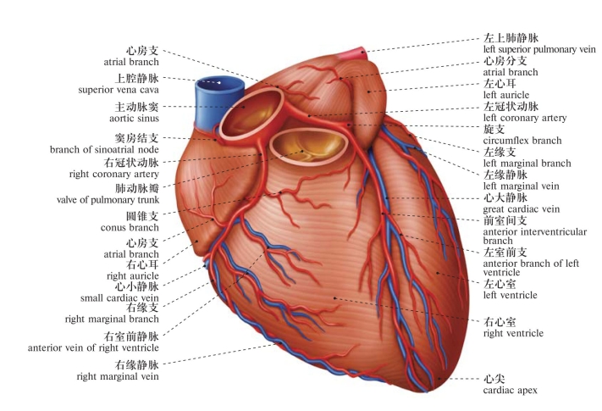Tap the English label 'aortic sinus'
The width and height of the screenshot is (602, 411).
point(134,118)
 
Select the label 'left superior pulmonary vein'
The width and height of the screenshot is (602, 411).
point(539,49)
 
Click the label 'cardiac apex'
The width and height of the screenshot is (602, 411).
point(511,391)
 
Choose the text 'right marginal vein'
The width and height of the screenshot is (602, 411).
point(118,376)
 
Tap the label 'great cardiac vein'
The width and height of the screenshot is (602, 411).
point(522,209)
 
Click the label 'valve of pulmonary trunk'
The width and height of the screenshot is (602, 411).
point(108,200)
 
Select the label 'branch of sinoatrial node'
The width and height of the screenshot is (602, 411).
point(104,149)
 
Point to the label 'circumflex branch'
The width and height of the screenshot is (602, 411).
point(522,141)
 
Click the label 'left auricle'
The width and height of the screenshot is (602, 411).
point(506,95)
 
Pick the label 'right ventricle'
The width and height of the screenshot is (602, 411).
point(513,333)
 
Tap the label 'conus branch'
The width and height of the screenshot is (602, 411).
point(130,227)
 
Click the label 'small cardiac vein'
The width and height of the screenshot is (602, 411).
point(119,297)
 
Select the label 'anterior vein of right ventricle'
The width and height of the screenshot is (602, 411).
point(93,347)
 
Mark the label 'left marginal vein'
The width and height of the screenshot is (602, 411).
point(521,186)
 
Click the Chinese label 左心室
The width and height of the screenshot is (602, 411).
point(500,284)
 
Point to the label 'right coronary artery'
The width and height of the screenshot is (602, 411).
point(114,174)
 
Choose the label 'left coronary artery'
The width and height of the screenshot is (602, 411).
point(525,118)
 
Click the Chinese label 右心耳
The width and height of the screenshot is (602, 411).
point(142,264)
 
